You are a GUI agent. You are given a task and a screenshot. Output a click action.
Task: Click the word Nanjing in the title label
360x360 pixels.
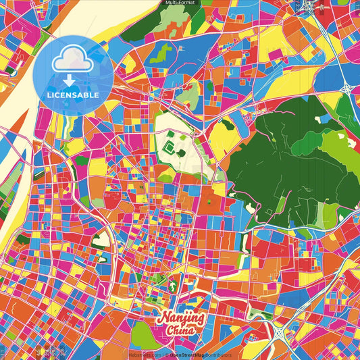click(180, 317)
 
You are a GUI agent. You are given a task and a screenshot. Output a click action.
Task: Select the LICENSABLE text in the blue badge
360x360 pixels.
click(72, 95)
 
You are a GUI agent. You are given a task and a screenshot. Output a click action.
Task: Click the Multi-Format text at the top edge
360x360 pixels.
click(180, 3)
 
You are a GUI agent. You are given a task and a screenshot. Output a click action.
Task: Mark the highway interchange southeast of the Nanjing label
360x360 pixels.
click(280, 331)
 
